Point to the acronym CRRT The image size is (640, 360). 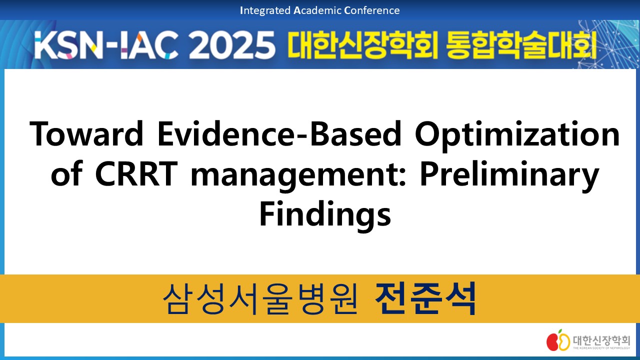click(134, 174)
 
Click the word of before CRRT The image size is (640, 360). click(67, 173)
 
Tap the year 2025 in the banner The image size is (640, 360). click(232, 45)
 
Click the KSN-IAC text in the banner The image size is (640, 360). click(106, 45)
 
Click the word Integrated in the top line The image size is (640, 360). click(265, 10)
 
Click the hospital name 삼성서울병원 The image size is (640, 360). click(260, 299)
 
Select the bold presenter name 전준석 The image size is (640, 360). click(425, 298)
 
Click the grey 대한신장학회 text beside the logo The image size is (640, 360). click(601, 340)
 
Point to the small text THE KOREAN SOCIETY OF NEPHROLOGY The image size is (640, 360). click(601, 348)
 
